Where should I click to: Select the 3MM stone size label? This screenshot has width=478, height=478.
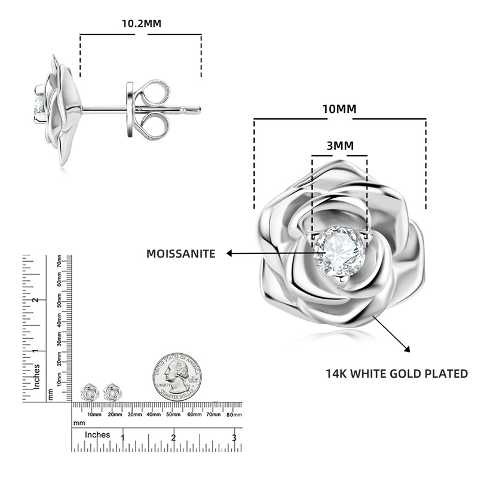coord(339,146)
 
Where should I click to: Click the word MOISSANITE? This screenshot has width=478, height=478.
coord(180,254)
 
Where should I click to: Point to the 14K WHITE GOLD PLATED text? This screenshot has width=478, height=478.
coord(396,374)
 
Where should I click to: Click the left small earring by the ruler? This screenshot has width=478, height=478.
coord(90,392)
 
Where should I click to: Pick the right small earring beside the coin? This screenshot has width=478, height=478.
coord(112,392)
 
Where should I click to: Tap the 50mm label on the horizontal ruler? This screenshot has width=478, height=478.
coord(173,413)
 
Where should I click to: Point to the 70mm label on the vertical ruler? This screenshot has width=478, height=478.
coord(60,262)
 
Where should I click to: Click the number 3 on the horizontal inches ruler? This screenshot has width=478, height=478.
coord(234,439)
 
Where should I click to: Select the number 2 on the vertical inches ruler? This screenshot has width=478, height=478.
coord(36,300)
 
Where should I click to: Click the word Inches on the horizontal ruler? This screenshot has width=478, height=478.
coord(97,435)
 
